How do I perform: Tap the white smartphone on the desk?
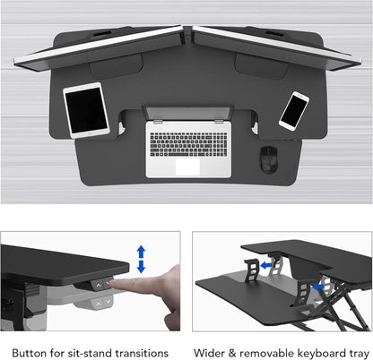[x=293, y=109]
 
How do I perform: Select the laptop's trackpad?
[x=186, y=166]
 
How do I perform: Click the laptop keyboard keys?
[x=186, y=142]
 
